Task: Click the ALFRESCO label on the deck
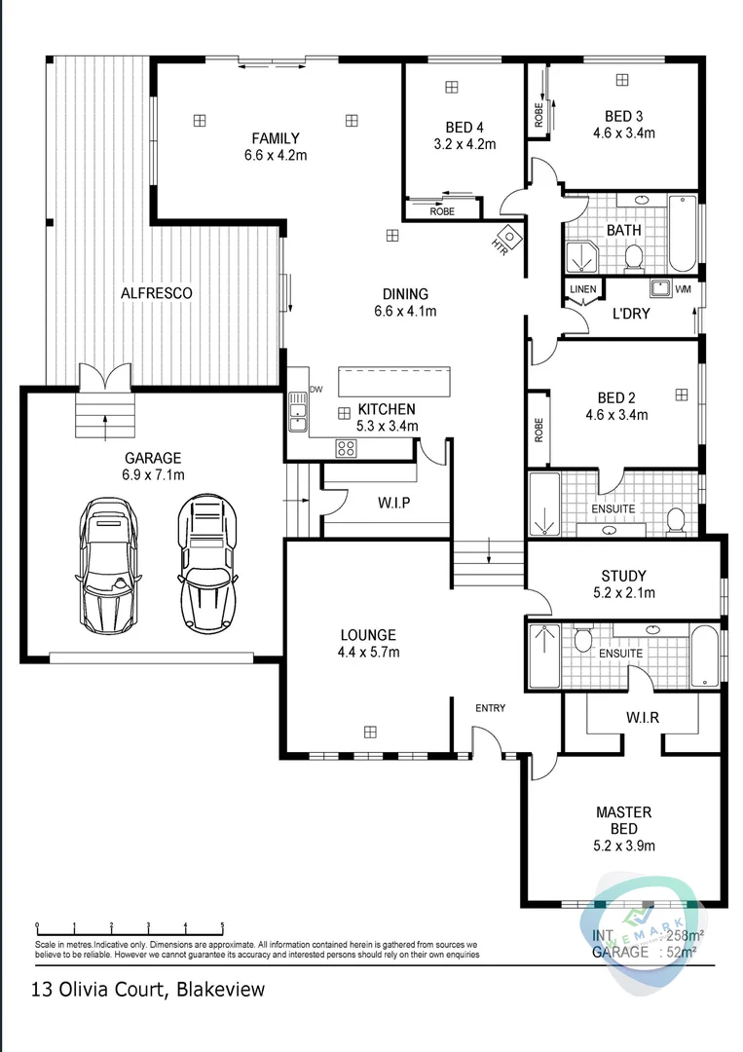click(156, 292)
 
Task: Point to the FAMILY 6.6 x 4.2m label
click(276, 146)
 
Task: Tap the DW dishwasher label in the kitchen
click(315, 389)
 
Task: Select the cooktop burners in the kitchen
click(346, 448)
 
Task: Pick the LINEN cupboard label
click(582, 289)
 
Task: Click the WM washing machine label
click(683, 289)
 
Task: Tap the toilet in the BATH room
click(634, 257)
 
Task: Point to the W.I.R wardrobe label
click(642, 719)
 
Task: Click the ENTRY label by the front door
click(490, 708)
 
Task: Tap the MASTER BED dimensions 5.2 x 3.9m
click(623, 845)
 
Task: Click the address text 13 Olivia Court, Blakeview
click(148, 991)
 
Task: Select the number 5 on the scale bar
click(222, 926)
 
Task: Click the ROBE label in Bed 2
click(539, 429)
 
